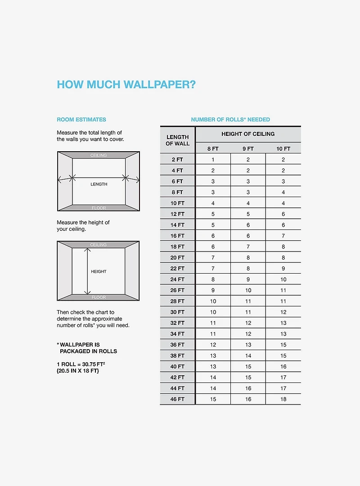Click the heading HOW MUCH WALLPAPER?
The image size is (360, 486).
pyautogui.click(x=126, y=85)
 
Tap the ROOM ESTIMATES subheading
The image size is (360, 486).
pyautogui.click(x=81, y=120)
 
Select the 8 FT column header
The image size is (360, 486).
pyautogui.click(x=213, y=148)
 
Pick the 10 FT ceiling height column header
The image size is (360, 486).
pyautogui.click(x=283, y=148)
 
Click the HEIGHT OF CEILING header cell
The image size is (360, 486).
pyautogui.click(x=248, y=134)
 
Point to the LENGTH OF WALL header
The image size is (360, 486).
pyautogui.click(x=178, y=140)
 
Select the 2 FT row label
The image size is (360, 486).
pyautogui.click(x=177, y=160)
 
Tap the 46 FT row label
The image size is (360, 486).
pyautogui.click(x=177, y=399)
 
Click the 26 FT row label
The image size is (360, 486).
pyautogui.click(x=177, y=290)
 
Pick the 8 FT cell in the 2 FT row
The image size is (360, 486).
pyautogui.click(x=213, y=160)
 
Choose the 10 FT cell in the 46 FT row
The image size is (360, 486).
pyautogui.click(x=283, y=399)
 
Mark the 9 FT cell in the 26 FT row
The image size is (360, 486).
pyautogui.click(x=248, y=290)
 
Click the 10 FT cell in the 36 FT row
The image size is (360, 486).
pyautogui.click(x=283, y=345)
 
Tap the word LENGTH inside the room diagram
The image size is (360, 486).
pyautogui.click(x=99, y=184)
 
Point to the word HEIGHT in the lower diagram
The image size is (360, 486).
pyautogui.click(x=99, y=272)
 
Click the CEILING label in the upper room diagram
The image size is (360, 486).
pyautogui.click(x=99, y=156)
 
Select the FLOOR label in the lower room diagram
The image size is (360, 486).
pyautogui.click(x=99, y=297)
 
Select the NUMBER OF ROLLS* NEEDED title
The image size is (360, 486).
pyautogui.click(x=230, y=120)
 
